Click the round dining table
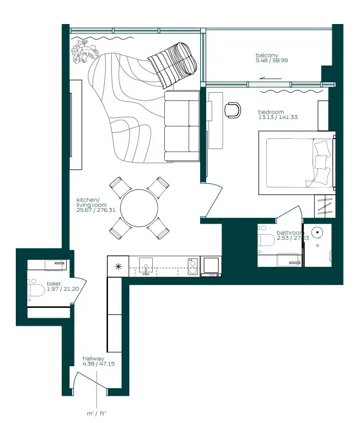pos(139,208)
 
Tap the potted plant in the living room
pos(85,52)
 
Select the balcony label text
pos(267,55)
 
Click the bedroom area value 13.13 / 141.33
pos(278,117)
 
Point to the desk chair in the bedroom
pos(232,110)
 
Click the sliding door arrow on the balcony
pos(271,79)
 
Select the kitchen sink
pos(146,266)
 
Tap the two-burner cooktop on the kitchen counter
pos(193,266)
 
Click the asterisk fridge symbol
pos(118,267)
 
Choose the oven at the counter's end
pos(211,266)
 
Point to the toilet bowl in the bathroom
pos(266,240)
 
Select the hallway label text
pos(93,359)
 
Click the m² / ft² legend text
pos(97,414)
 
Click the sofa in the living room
pos(182,126)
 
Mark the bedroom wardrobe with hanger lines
pos(325,206)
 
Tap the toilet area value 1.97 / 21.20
pos(63,289)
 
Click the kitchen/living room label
pos(96,205)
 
